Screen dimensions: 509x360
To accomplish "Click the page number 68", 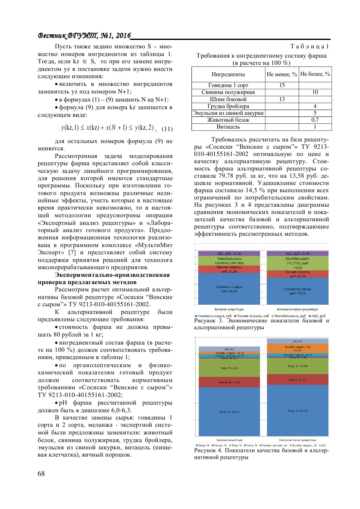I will point(41,474).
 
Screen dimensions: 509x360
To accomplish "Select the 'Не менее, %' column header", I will point(282,75).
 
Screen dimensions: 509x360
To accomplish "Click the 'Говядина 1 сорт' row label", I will point(228,85).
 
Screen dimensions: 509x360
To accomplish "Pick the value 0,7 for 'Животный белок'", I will point(315,120).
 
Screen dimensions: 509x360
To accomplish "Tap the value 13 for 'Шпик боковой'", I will point(282,99).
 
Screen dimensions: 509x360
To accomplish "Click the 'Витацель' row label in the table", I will point(228,127).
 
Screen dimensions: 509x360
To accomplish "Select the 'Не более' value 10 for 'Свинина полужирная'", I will point(315,92).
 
